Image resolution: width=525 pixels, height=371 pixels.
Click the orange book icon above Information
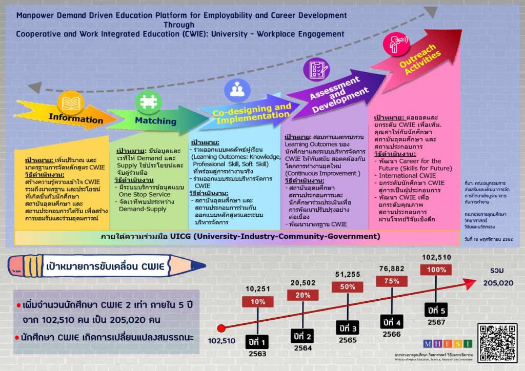pos(70,102)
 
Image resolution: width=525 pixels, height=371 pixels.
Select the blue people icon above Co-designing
pos(236,90)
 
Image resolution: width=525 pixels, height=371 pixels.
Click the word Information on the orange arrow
pos(76,119)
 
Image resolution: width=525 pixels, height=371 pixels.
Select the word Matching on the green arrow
pos(155,121)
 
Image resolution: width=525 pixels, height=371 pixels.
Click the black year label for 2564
pos(302,336)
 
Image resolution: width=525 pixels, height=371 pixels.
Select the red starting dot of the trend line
pos(221,328)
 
